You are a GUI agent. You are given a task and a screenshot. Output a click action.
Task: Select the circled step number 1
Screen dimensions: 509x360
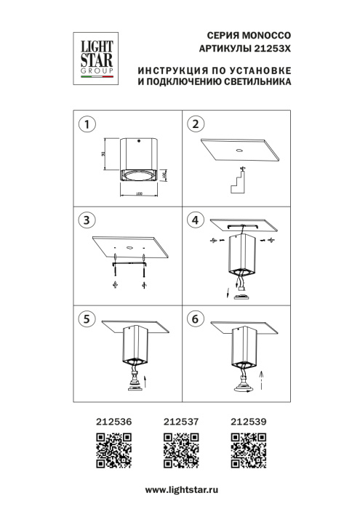[87, 124]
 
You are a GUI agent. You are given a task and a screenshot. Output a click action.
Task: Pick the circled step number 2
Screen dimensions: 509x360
[194, 124]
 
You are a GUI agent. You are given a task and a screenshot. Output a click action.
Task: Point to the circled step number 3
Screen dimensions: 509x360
[87, 220]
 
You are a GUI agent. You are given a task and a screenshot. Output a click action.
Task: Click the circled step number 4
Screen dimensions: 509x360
[194, 220]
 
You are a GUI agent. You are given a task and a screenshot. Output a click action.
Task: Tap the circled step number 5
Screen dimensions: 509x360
[87, 318]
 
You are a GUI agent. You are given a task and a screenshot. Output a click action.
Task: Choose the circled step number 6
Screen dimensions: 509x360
[194, 318]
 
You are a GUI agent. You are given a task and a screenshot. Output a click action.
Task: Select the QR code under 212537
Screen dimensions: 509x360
[179, 449]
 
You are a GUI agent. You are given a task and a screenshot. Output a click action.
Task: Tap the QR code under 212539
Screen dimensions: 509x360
[247, 449]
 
